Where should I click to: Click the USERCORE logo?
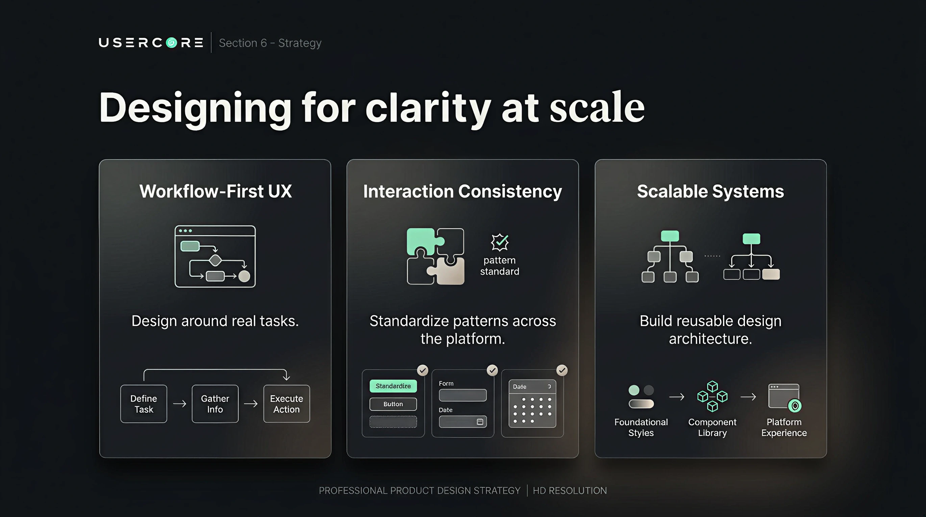(x=151, y=43)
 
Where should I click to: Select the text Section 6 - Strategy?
(x=270, y=43)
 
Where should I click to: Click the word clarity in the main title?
(x=428, y=107)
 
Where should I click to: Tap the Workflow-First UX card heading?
(x=215, y=191)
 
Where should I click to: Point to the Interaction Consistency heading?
(x=462, y=191)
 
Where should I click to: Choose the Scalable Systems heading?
(x=710, y=191)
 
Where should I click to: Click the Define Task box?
(x=144, y=404)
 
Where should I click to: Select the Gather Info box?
(x=215, y=404)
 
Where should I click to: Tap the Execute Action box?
(x=286, y=404)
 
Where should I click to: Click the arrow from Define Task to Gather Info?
(x=179, y=404)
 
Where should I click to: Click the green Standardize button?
(x=393, y=386)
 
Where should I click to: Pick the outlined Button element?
(x=393, y=404)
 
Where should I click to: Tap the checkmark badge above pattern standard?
(x=500, y=242)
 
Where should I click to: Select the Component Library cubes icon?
(x=712, y=396)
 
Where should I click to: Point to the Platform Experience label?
(x=784, y=427)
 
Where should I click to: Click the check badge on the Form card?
(x=492, y=370)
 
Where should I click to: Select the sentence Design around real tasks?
(x=215, y=321)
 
